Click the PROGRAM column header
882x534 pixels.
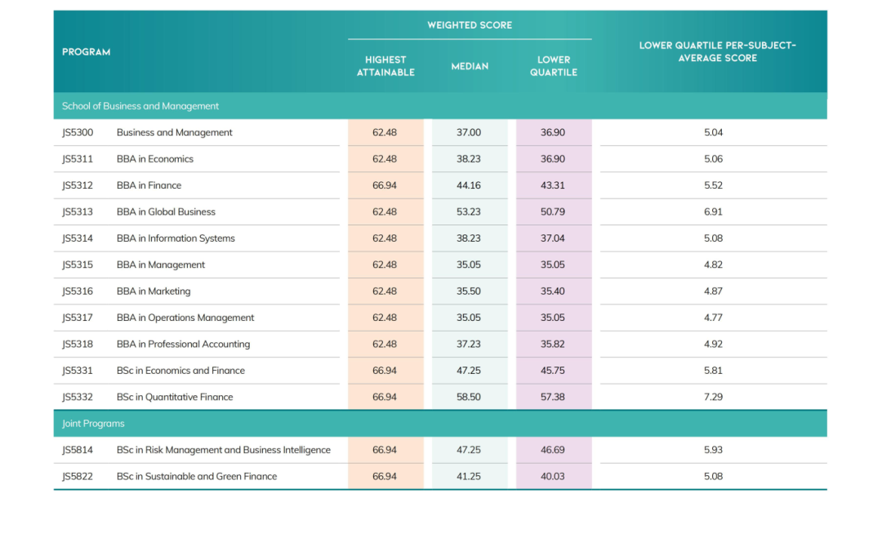[x=86, y=51]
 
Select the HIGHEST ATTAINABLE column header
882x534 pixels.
[x=385, y=66]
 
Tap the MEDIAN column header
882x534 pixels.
[x=470, y=66]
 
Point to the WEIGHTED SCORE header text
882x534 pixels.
[x=470, y=25]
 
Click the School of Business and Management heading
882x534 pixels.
[x=140, y=106]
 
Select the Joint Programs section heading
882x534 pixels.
[x=93, y=423]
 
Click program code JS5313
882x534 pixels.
[x=78, y=212]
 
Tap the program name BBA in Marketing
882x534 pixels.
[x=154, y=291]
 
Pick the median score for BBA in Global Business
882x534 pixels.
[x=469, y=212]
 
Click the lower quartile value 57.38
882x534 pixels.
[x=553, y=397]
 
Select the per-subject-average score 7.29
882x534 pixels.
[x=713, y=397]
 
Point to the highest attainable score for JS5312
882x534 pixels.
[x=385, y=185]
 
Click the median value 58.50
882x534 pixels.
[x=469, y=397]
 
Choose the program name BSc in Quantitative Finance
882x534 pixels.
[x=175, y=397]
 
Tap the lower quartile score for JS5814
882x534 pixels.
[x=553, y=450]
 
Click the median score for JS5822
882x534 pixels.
[x=469, y=476]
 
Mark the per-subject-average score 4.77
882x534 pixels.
[x=713, y=318]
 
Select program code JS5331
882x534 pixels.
[x=78, y=371]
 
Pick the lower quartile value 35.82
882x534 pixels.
[x=553, y=344]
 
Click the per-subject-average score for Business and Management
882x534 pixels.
[x=713, y=132]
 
